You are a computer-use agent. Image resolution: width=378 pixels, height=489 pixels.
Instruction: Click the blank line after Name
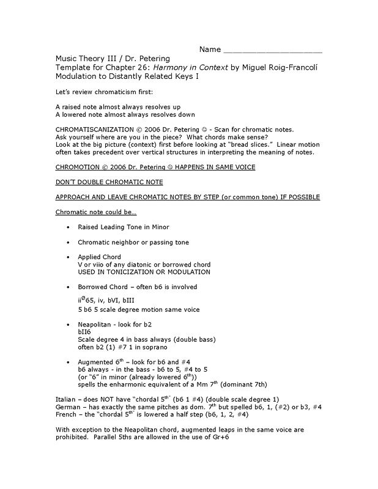pyautogui.click(x=273, y=49)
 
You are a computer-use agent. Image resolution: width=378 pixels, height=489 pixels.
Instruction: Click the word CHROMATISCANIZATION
pyautogui.click(x=92, y=130)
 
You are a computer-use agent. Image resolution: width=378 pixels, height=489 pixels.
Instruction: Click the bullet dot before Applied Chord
pyautogui.click(x=67, y=257)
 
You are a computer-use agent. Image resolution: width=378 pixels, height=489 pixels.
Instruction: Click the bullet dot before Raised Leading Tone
pyautogui.click(x=67, y=227)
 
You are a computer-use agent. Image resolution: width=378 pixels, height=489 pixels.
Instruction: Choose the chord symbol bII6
pyautogui.click(x=85, y=333)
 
